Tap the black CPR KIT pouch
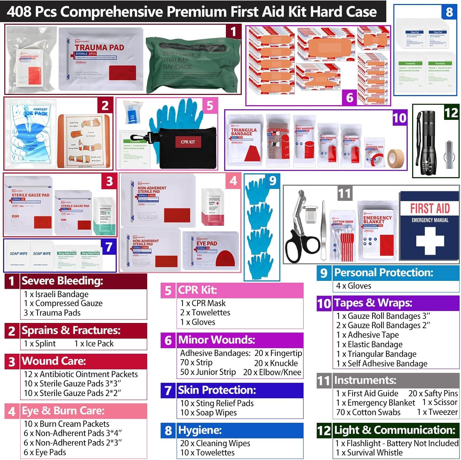click(187, 147)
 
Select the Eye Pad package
click(211, 250)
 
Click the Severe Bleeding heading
click(62, 281)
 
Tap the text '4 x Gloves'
click(353, 286)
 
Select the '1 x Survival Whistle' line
click(369, 453)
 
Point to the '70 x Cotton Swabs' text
click(368, 412)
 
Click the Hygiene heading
click(200, 430)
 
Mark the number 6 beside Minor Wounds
click(168, 340)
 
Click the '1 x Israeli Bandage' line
click(56, 294)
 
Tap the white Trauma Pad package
click(101, 58)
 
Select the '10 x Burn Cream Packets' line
click(66, 424)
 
